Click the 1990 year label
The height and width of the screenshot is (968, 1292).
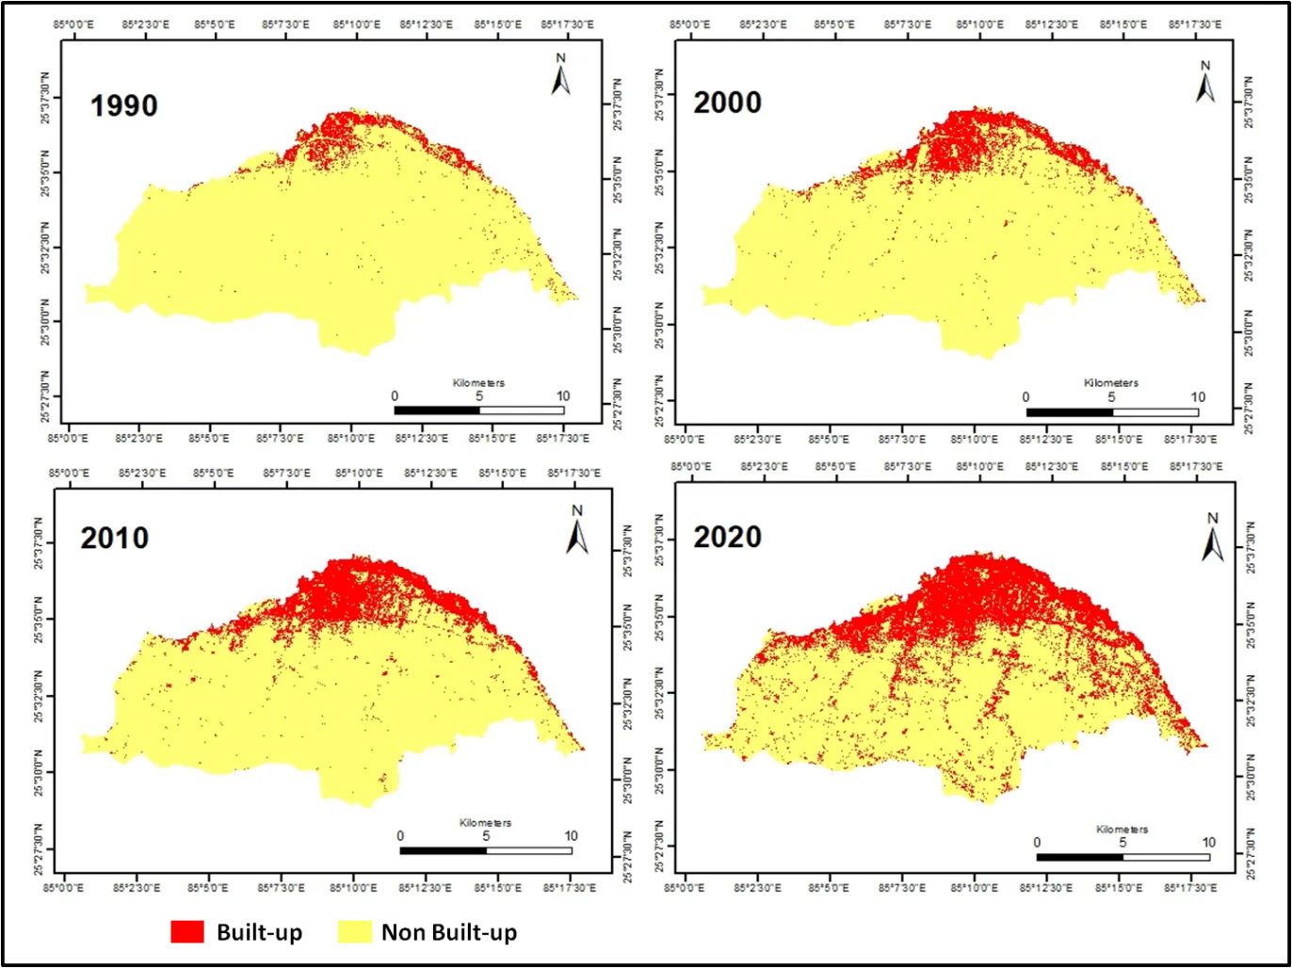click(x=123, y=105)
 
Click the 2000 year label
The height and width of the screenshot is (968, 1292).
click(x=727, y=103)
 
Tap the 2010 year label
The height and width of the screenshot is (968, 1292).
click(x=114, y=538)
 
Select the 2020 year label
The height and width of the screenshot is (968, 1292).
click(x=727, y=537)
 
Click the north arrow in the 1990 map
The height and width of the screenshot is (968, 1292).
click(x=560, y=75)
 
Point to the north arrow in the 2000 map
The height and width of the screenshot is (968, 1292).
click(x=1204, y=82)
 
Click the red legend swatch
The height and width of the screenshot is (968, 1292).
click(x=187, y=932)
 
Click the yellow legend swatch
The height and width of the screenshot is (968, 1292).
click(x=354, y=933)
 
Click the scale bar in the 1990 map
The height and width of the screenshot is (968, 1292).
click(x=478, y=411)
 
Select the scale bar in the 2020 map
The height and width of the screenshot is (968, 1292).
click(x=1122, y=857)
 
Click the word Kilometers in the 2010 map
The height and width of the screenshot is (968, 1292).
click(x=486, y=823)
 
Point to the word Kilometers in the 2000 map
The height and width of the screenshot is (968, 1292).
click(x=1111, y=383)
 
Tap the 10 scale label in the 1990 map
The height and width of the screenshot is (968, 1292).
click(x=562, y=396)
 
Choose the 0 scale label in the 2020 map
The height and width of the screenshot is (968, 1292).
click(x=1037, y=843)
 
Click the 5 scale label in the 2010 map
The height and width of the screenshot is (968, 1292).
click(x=486, y=836)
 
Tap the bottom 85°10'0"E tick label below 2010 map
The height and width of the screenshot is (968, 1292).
click(x=353, y=887)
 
